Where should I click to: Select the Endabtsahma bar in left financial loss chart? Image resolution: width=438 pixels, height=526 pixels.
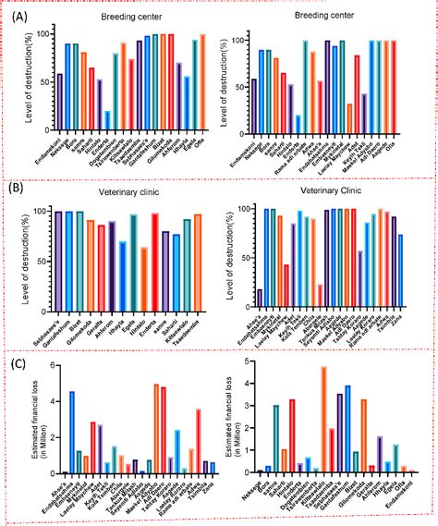tap(72, 432)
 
